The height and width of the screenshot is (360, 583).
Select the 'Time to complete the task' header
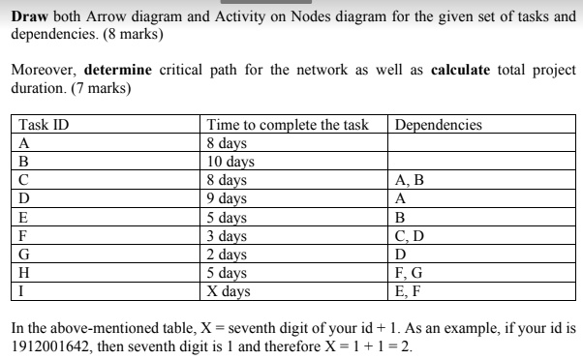[x=289, y=125]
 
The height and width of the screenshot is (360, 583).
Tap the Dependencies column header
[x=439, y=125]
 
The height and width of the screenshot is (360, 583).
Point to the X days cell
[x=229, y=289]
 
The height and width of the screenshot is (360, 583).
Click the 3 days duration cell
[x=228, y=234]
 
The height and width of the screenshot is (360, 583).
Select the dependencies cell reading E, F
[x=410, y=289]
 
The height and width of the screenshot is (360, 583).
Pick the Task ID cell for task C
[x=24, y=180]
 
